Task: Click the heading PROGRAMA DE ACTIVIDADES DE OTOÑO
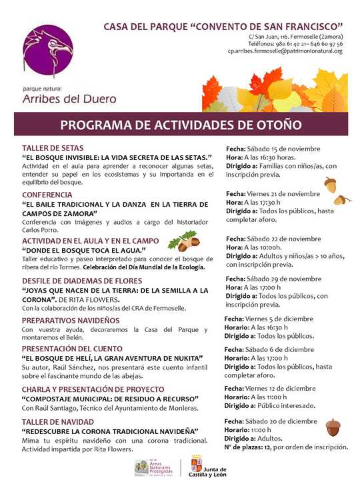180,125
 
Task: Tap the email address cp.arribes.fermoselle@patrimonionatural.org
285,51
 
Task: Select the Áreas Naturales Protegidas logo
151,465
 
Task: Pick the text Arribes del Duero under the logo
69,99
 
